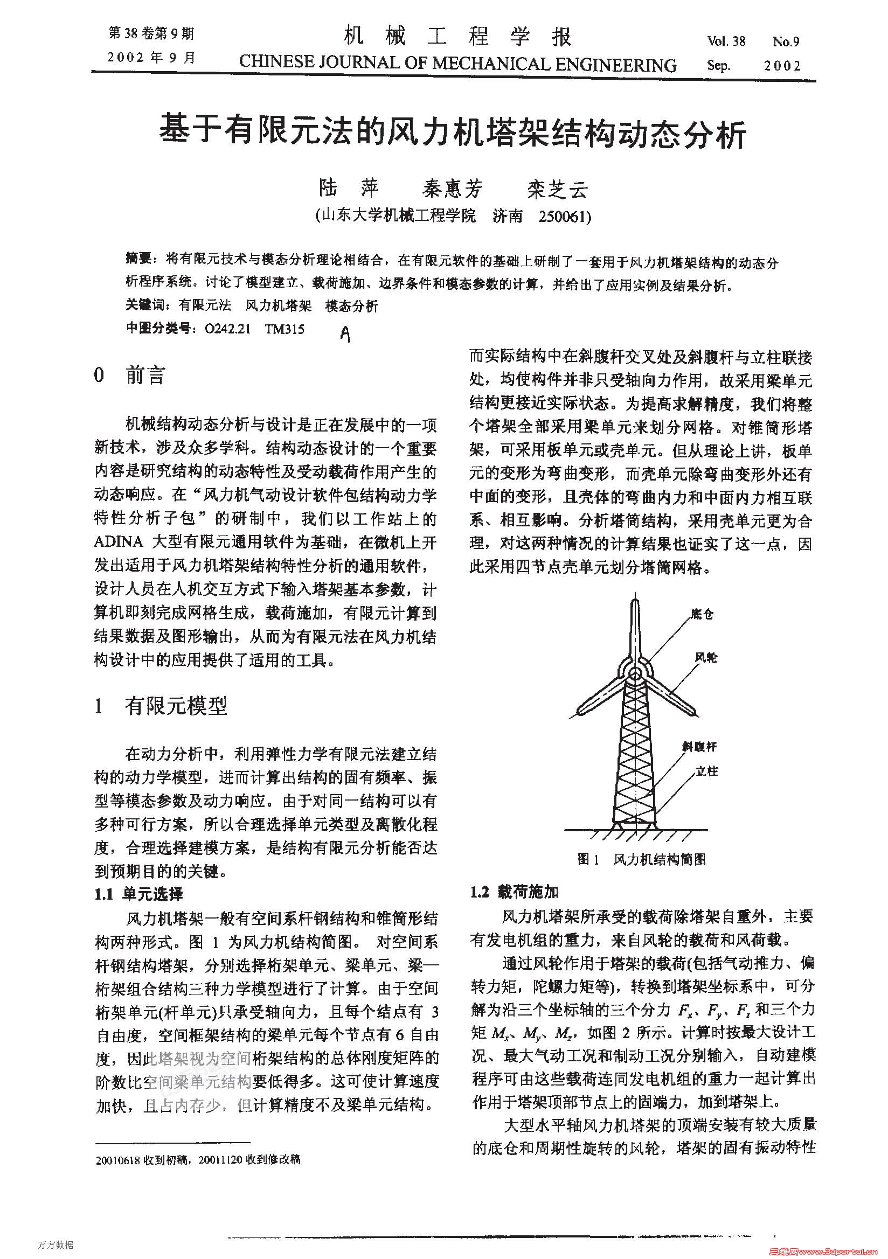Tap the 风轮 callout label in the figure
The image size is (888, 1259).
coord(706,657)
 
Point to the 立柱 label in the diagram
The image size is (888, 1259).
coord(706,771)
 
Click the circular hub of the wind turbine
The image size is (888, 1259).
coord(635,672)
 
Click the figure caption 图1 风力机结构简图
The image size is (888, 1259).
coord(641,859)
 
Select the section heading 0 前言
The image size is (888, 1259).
coord(129,375)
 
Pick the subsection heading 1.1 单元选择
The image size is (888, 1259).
coord(139,894)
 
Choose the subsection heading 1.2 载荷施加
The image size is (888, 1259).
coord(514,892)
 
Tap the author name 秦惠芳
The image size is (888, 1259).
coord(452,189)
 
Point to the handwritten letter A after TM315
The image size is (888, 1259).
coord(345,334)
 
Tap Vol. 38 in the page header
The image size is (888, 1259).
coord(726,41)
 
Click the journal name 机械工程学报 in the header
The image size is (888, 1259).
coord(457,37)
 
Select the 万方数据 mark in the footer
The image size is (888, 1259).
coord(55,1245)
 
